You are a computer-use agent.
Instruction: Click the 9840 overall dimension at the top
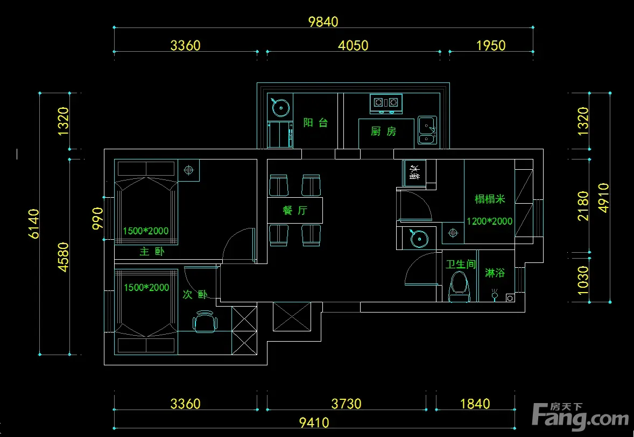tap(323, 22)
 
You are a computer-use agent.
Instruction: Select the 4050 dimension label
tap(353, 45)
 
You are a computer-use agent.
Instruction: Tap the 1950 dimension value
tap(491, 45)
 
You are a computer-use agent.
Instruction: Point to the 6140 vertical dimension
tap(34, 224)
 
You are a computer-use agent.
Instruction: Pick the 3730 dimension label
tap(346, 404)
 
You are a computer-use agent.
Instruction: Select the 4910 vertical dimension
tap(603, 198)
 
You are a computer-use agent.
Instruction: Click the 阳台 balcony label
tap(315, 123)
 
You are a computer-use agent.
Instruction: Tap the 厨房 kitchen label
tap(384, 131)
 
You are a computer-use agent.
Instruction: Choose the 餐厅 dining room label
tap(295, 211)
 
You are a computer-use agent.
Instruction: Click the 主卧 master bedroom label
tap(152, 252)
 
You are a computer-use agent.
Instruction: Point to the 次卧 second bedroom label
tap(195, 294)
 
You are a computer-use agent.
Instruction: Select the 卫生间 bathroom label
tap(461, 265)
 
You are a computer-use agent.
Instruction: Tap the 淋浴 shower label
tap(495, 273)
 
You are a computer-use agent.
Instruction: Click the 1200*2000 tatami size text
tap(489, 221)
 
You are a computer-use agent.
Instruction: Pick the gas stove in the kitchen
tap(386, 103)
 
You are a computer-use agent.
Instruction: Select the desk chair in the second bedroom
tap(205, 322)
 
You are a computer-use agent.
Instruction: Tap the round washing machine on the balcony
tap(280, 107)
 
